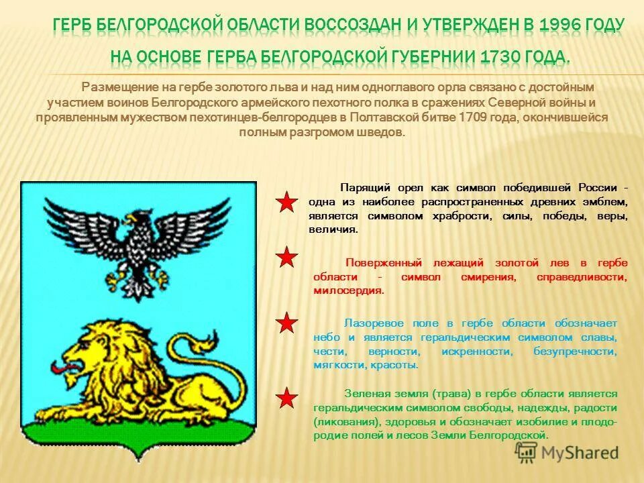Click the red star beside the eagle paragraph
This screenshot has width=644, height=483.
pyautogui.click(x=287, y=202)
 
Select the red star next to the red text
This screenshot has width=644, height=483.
pyautogui.click(x=287, y=257)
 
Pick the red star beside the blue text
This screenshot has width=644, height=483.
pyautogui.click(x=287, y=323)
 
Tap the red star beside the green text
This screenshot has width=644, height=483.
pyautogui.click(x=287, y=398)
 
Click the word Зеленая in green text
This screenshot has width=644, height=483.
pyautogui.click(x=366, y=394)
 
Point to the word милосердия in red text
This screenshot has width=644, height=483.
pyautogui.click(x=347, y=290)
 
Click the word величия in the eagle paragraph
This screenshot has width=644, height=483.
pyautogui.click(x=333, y=229)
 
